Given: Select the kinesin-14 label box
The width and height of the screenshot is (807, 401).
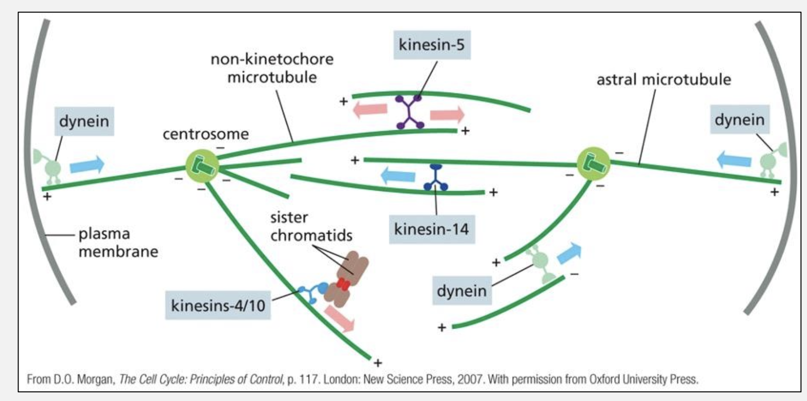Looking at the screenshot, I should click(x=432, y=228).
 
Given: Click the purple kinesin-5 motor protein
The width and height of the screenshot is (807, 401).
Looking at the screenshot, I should click(x=410, y=111).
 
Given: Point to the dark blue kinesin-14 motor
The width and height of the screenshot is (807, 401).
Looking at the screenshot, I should click(x=436, y=178).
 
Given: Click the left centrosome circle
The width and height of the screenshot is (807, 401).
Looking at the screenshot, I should click(x=202, y=166).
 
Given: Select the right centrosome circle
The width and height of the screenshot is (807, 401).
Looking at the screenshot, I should click(x=593, y=162).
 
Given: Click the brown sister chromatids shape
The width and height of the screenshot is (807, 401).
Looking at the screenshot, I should click(x=345, y=280).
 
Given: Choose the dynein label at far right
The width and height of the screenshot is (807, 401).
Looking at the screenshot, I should click(x=739, y=119).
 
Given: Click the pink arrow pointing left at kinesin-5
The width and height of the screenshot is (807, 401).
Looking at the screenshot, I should click(x=371, y=109).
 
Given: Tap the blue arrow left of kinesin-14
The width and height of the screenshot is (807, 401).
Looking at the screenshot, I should click(x=398, y=177).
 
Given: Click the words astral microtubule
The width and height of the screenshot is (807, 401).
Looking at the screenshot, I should click(x=664, y=80).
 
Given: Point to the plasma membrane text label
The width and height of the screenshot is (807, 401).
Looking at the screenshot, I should click(x=118, y=243).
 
